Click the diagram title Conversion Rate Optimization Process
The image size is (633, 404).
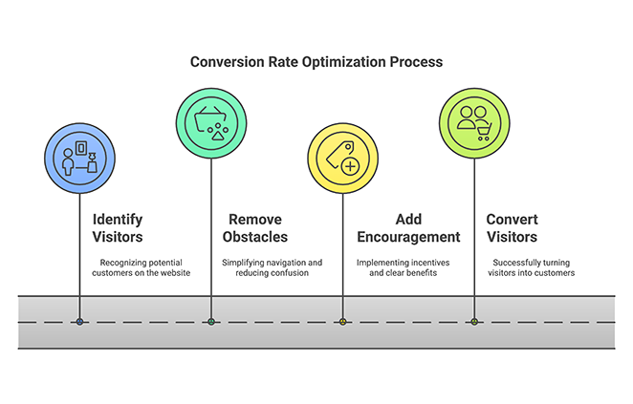click(x=316, y=62)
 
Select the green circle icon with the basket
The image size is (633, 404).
click(x=211, y=122)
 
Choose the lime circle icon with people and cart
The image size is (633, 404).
click(x=474, y=122)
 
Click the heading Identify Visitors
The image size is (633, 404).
click(x=118, y=227)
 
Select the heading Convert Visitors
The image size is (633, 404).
click(x=512, y=227)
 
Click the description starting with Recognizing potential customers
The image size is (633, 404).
click(x=141, y=267)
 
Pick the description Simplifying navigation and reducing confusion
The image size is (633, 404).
click(x=273, y=267)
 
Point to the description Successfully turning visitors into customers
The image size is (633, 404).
click(x=534, y=267)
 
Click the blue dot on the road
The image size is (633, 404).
click(x=79, y=322)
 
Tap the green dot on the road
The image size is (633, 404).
click(x=211, y=322)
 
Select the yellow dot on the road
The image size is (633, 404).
click(x=342, y=322)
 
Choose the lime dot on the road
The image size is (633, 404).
click(x=474, y=322)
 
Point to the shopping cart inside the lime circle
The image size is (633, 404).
click(x=483, y=135)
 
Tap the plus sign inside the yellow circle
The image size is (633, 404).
click(x=350, y=166)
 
